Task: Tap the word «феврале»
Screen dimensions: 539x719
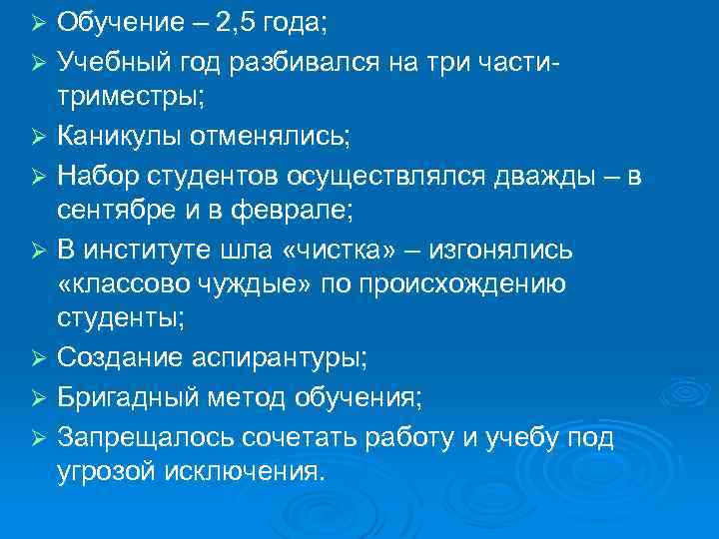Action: [x=281, y=210]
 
